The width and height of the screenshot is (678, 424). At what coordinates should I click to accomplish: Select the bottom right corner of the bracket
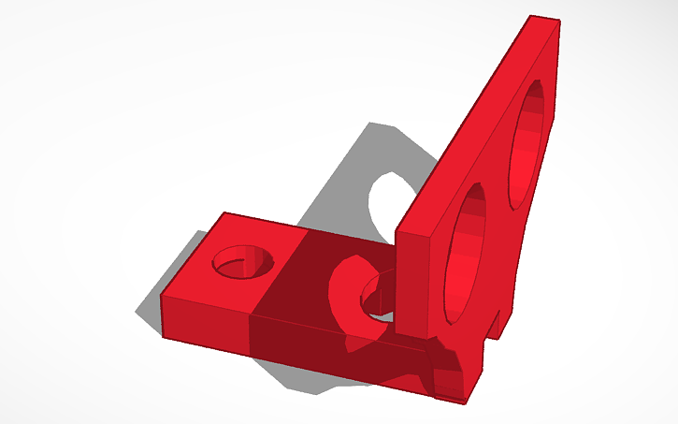pyautogui.click(x=465, y=401)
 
